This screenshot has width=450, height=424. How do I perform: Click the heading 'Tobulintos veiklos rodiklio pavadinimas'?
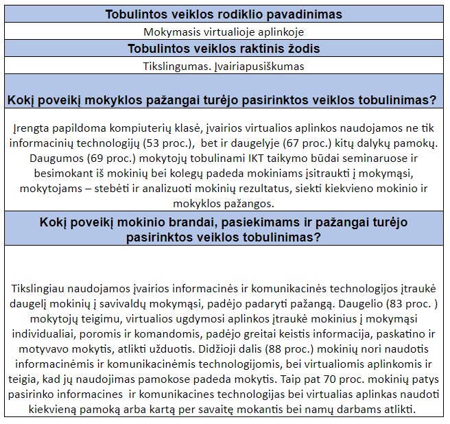224,14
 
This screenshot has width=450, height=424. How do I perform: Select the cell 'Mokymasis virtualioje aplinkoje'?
224,32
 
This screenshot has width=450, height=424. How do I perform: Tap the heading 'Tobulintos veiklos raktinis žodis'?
224,49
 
